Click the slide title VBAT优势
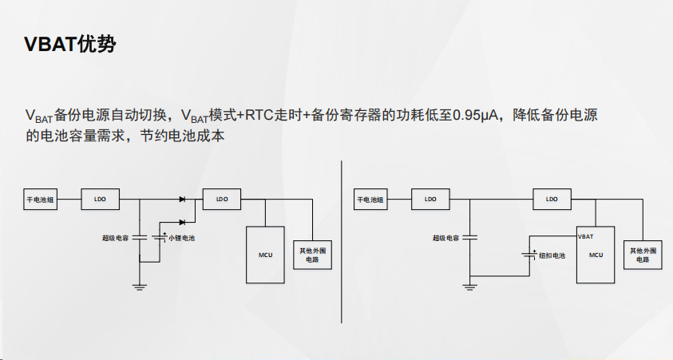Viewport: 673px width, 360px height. (x=70, y=45)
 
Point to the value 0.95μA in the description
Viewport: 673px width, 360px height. (x=476, y=115)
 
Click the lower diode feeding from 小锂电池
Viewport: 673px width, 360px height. (x=183, y=221)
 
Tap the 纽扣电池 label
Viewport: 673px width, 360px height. (x=552, y=255)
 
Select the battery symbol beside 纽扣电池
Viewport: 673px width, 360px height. (x=530, y=255)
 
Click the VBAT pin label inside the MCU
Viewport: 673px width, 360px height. (x=586, y=237)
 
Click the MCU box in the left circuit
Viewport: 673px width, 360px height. (x=266, y=255)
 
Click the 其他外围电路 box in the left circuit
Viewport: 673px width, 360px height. (x=312, y=255)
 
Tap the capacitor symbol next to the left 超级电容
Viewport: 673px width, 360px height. (x=141, y=237)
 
